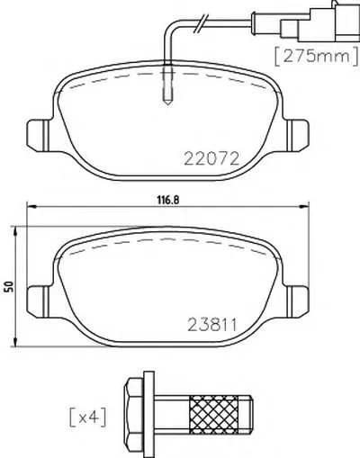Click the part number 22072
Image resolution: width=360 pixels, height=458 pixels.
pyautogui.click(x=211, y=158)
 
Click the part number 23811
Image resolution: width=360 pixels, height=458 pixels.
pyautogui.click(x=212, y=324)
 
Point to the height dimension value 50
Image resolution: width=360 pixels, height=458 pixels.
pyautogui.click(x=10, y=287)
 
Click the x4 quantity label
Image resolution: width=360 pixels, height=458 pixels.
pyautogui.click(x=87, y=417)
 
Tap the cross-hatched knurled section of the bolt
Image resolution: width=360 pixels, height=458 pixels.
pyautogui.click(x=213, y=411)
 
